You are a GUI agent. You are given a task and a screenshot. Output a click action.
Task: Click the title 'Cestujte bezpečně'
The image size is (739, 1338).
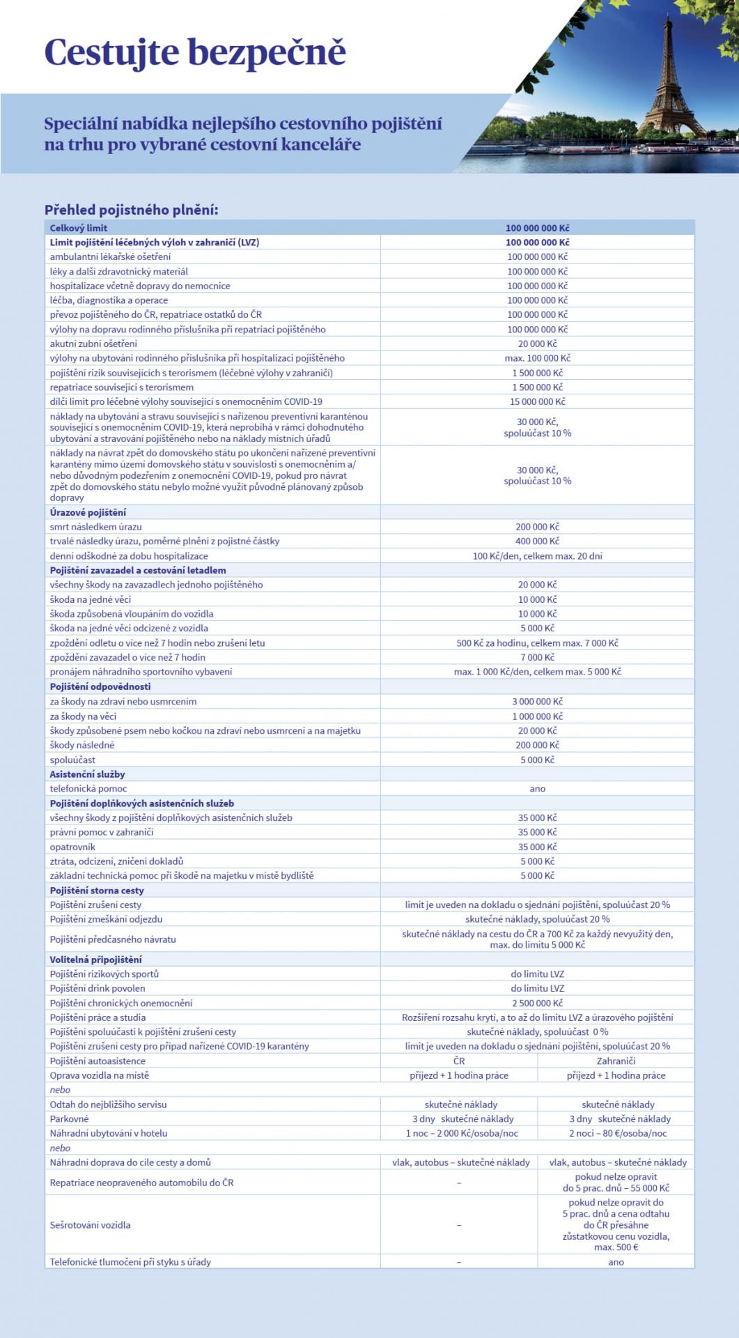click(x=195, y=53)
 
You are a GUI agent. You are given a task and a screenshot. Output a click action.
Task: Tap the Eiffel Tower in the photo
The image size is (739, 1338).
click(x=674, y=77)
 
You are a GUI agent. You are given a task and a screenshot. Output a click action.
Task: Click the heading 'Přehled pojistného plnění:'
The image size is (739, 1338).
click(x=132, y=210)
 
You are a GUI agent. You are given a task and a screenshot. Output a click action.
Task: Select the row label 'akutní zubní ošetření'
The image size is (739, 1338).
click(x=93, y=344)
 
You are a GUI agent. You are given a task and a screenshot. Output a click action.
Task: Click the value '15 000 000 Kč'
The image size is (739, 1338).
click(x=537, y=401)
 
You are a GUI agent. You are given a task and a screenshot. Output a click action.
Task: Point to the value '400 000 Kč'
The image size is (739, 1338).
click(x=537, y=541)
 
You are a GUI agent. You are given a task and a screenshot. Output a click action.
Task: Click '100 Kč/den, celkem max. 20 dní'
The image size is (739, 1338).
click(x=537, y=556)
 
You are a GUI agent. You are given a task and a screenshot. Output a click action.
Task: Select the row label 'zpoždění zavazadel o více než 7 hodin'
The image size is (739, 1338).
click(x=127, y=657)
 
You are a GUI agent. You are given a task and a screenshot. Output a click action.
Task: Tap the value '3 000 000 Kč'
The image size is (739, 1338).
click(x=537, y=702)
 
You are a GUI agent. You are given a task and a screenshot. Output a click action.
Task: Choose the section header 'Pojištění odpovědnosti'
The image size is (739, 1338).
click(x=100, y=686)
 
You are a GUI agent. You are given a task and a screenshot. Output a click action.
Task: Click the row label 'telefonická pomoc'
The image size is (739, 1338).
click(x=88, y=789)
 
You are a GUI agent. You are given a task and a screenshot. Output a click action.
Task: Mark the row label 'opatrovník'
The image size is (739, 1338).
click(x=72, y=847)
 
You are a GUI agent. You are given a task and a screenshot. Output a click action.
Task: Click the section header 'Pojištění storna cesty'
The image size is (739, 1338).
click(x=97, y=891)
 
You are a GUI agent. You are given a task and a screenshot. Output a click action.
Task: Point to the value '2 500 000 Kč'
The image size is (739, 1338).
click(x=537, y=1003)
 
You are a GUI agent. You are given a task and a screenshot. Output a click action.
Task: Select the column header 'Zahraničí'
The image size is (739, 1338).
click(x=616, y=1061)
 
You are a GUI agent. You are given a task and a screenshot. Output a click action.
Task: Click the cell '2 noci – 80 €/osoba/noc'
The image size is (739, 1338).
click(x=616, y=1133)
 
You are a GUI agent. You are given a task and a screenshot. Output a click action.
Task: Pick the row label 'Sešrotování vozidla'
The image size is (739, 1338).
click(x=90, y=1224)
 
